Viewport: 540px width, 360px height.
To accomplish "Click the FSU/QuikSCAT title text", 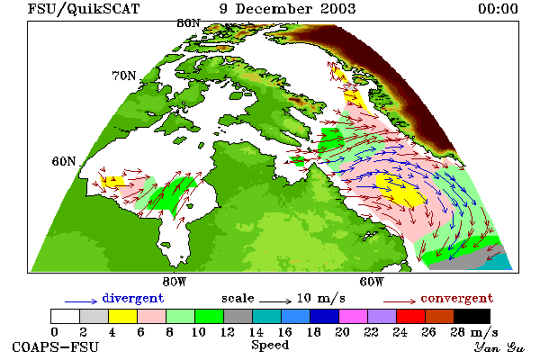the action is [x=84, y=9].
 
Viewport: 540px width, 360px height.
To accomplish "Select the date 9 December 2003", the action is [x=288, y=9].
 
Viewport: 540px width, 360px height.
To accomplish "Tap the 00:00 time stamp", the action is [x=498, y=9].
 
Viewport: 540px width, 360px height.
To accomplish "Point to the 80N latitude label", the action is [x=188, y=23].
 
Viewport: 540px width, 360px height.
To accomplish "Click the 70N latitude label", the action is [x=124, y=76].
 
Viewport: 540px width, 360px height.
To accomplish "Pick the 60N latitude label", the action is [x=64, y=161].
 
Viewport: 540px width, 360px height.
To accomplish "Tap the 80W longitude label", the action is [x=175, y=282].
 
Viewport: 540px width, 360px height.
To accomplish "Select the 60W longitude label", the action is [x=371, y=282].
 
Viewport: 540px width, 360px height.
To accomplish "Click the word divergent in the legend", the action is [x=133, y=298].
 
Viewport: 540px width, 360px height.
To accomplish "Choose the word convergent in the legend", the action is [x=457, y=298].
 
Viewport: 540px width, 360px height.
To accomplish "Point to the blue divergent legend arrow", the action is [x=81, y=301].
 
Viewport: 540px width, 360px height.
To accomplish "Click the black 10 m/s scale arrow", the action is [x=275, y=301].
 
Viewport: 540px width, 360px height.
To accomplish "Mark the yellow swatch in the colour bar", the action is [x=123, y=316].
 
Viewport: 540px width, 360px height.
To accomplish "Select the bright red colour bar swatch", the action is [x=410, y=316].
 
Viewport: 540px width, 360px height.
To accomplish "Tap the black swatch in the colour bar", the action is [x=472, y=316].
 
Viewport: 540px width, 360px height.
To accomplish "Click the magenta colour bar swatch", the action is [x=353, y=316].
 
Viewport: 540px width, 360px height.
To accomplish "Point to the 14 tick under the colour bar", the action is [x=256, y=332].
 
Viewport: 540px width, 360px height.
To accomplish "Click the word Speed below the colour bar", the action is [x=270, y=346].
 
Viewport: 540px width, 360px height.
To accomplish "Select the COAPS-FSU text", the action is [x=55, y=346].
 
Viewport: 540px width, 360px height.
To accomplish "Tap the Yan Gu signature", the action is [x=499, y=347].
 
